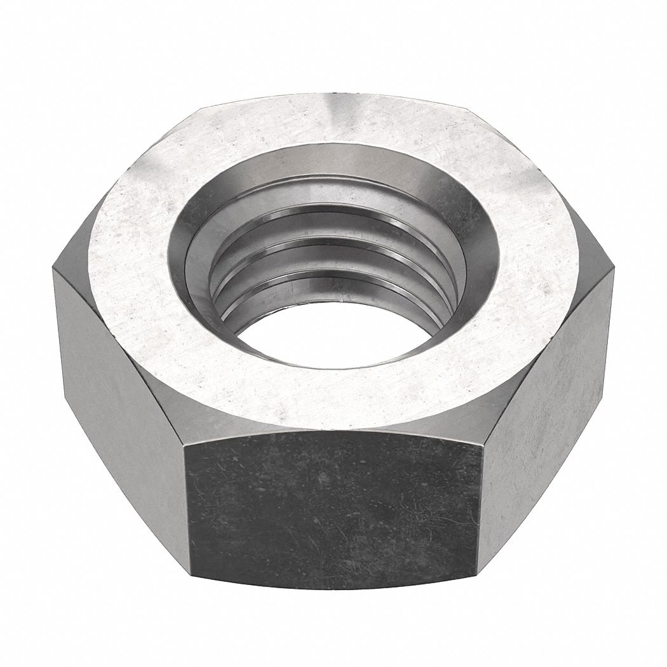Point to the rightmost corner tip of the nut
615,270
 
